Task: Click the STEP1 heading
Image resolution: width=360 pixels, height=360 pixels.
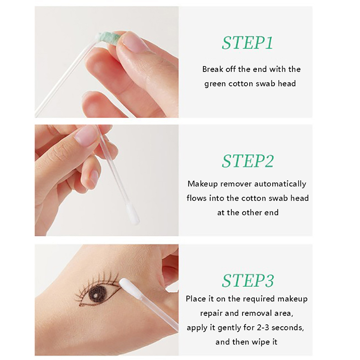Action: tap(247, 43)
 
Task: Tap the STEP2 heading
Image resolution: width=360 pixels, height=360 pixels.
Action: tap(248, 161)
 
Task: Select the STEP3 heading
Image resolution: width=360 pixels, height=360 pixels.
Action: tap(248, 280)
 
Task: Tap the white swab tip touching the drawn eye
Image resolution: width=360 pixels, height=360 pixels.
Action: tap(129, 288)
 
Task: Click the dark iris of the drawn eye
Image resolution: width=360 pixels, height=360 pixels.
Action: tap(98, 292)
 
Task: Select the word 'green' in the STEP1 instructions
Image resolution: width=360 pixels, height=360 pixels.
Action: tap(215, 84)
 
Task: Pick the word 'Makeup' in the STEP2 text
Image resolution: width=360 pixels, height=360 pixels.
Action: tap(202, 184)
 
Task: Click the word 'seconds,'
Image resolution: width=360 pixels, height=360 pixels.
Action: tap(288, 328)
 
